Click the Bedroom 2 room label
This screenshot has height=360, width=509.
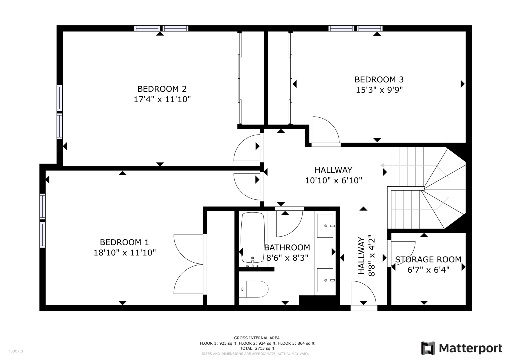[x=162, y=89]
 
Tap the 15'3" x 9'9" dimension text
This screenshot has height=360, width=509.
[x=379, y=90]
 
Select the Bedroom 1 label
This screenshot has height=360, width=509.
[x=124, y=242]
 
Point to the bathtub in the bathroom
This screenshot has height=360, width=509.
[x=253, y=238]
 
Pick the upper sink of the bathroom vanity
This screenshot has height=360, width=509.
[x=325, y=226]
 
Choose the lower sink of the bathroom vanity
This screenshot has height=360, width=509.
[x=325, y=280]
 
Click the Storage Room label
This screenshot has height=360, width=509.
[x=428, y=259]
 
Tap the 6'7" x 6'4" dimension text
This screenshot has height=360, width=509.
[x=428, y=269]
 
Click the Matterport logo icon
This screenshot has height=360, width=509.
[x=428, y=348]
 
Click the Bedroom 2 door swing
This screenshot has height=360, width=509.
[x=247, y=148]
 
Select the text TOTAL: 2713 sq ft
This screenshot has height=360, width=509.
[x=257, y=348]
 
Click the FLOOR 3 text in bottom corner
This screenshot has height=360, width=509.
[x=16, y=351]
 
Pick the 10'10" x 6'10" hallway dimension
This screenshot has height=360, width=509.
[x=333, y=180]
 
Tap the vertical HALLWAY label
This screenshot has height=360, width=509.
[x=361, y=256]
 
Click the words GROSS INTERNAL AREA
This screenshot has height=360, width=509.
[x=257, y=338]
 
